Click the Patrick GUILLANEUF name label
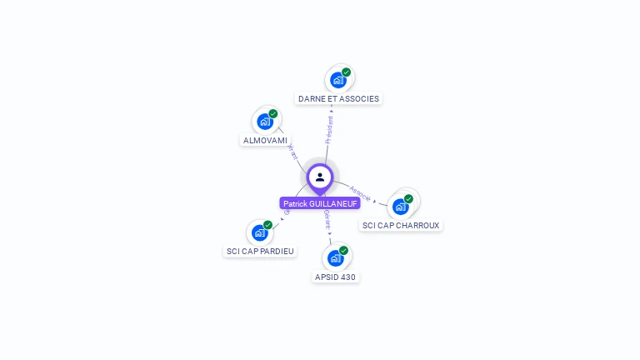coord(320,203)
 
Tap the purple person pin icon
coord(320,177)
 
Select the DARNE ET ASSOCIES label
coord(338,98)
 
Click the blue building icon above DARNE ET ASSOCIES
coord(337,80)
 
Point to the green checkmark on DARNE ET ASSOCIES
coord(346,72)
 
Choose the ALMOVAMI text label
coord(265,140)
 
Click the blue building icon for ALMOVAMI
coord(265,122)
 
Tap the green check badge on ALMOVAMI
coord(273,114)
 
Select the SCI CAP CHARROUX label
coord(401,225)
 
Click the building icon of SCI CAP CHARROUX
coord(401,207)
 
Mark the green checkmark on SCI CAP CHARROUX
coord(408,199)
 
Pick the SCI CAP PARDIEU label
coord(261,251)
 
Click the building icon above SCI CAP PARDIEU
coord(260,232)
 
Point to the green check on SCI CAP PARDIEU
coord(268,225)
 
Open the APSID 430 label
coord(337,277)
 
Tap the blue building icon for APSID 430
coord(336,258)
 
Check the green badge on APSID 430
coord(343,251)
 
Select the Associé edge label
coord(361,192)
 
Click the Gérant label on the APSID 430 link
coord(327,219)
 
